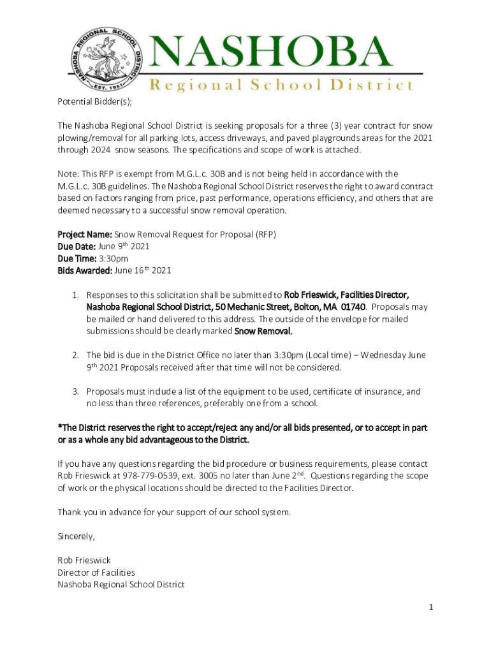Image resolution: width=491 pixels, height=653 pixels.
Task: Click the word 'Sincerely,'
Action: point(76,536)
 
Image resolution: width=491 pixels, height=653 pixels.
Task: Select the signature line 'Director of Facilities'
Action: point(96,572)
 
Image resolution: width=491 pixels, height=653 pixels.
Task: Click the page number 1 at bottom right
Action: point(431,607)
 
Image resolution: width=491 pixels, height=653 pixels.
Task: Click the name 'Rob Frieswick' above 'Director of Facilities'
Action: point(84,560)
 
